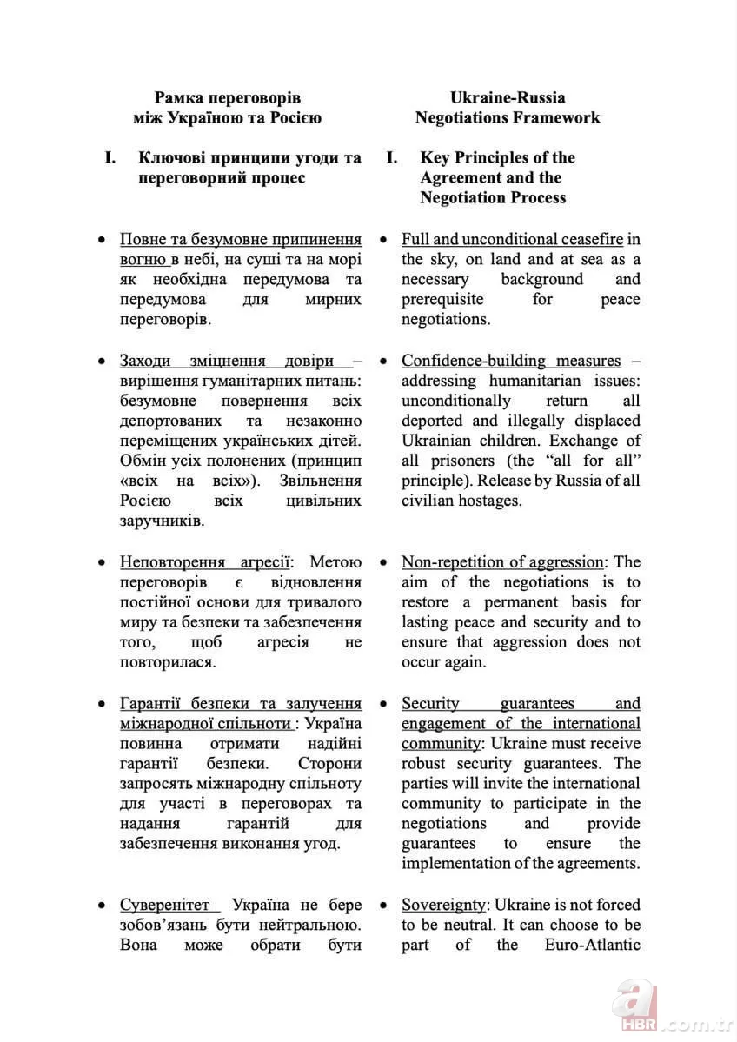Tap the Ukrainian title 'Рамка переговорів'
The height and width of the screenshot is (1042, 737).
tap(228, 97)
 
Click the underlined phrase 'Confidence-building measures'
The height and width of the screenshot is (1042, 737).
tap(511, 360)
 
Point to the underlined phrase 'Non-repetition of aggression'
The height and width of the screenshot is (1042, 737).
tap(502, 561)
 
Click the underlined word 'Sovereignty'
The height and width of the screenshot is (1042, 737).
tap(442, 904)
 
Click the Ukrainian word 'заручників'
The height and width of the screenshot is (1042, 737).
tap(162, 521)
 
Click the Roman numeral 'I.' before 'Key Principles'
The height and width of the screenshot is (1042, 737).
tap(392, 157)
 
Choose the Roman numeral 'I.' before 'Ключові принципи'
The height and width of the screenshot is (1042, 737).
tap(110, 157)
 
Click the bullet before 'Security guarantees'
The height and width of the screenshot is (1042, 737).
tap(385, 704)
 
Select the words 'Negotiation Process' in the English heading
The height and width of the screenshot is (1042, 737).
tap(493, 197)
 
